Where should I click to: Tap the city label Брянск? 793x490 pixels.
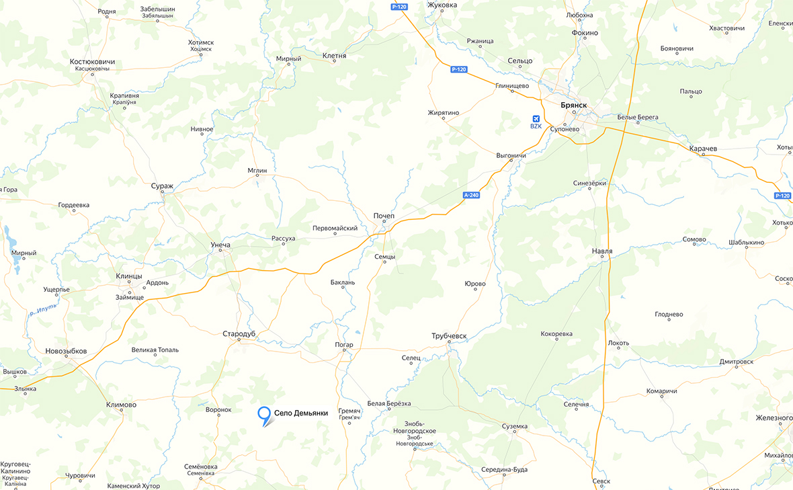click(x=573, y=106)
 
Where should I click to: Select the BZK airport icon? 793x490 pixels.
click(x=536, y=119)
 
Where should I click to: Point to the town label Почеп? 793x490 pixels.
click(x=384, y=215)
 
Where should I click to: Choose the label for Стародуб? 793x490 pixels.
click(x=240, y=333)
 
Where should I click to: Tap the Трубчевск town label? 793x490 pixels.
click(x=449, y=335)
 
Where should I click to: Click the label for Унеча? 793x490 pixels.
click(x=220, y=245)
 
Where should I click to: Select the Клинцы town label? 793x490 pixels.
click(x=129, y=276)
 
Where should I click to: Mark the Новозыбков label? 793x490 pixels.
click(x=66, y=351)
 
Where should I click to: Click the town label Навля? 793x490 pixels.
click(x=602, y=251)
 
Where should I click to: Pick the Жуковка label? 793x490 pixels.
click(x=442, y=5)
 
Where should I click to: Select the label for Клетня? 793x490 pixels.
click(x=334, y=56)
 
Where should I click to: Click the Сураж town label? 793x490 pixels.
click(x=162, y=186)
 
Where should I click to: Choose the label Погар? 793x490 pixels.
click(x=343, y=345)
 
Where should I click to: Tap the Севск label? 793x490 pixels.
click(x=601, y=481)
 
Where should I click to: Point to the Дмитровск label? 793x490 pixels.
click(x=737, y=361)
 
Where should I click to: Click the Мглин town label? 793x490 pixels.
click(x=257, y=171)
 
